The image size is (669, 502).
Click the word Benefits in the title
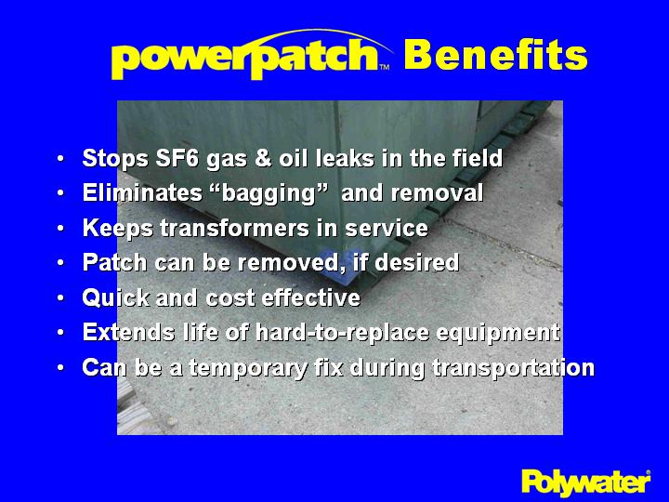pos(495,56)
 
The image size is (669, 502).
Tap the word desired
pos(421,263)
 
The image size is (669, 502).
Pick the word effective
pos(312,298)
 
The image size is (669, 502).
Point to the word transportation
pos(512,368)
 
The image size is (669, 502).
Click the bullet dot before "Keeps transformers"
pos(60,230)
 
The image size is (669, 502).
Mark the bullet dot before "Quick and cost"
pos(60,299)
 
